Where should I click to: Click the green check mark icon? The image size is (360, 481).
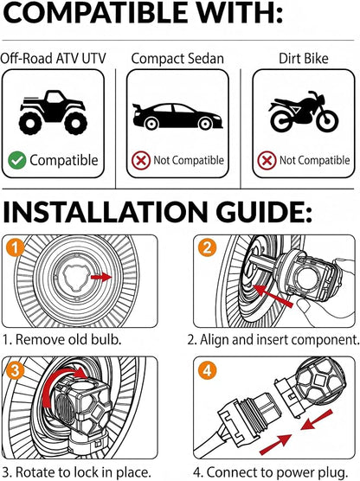(17, 160)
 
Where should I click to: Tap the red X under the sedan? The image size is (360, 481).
(141, 160)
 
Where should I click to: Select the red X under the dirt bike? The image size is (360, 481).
(267, 160)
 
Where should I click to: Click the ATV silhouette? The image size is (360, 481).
(53, 112)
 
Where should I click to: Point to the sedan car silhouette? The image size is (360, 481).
(177, 116)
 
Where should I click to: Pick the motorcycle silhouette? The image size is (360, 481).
(304, 112)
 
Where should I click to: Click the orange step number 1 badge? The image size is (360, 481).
(15, 247)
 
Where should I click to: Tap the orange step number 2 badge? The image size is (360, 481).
(207, 247)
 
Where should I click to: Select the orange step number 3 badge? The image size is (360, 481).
(15, 369)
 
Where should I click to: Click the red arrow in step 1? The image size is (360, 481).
(100, 278)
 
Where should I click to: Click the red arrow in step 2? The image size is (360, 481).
(273, 295)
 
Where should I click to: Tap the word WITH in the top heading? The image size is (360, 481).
(235, 13)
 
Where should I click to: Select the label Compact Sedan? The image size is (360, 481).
(177, 59)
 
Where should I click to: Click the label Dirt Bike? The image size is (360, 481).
(304, 58)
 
